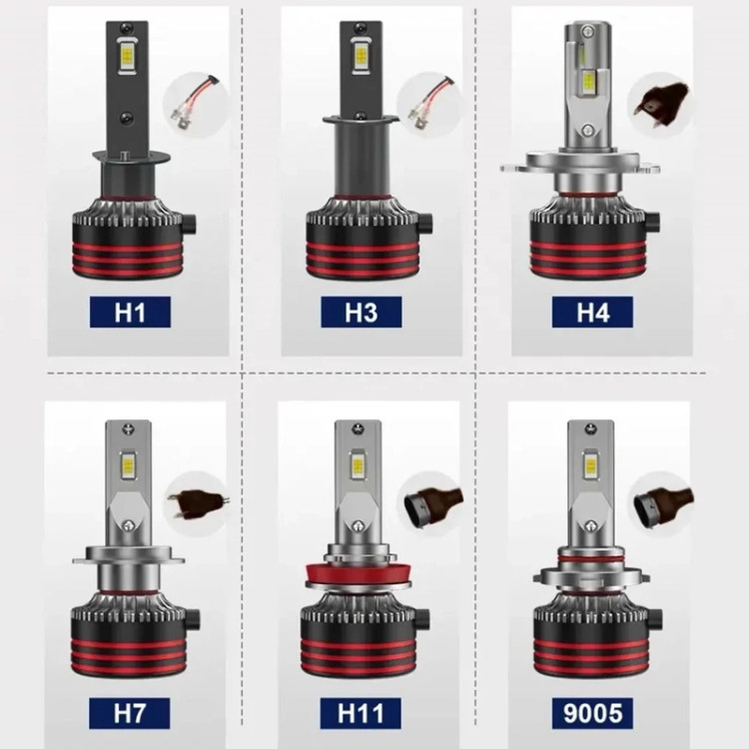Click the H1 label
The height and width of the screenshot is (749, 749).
click(130, 312)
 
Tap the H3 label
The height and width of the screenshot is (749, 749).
click(362, 312)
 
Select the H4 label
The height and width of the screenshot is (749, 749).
click(592, 312)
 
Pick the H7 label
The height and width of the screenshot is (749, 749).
click(130, 713)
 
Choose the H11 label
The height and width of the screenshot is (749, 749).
click(361, 713)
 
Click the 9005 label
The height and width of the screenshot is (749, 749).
click(592, 713)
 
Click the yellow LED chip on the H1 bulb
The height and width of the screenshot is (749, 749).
click(127, 56)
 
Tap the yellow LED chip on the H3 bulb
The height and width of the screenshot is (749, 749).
click(361, 56)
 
